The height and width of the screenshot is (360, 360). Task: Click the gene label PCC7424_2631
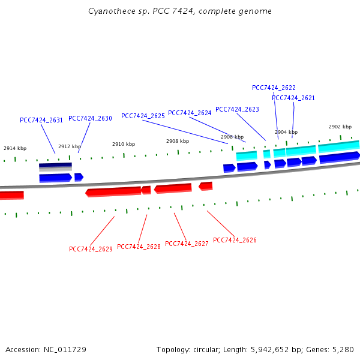coord(41,120)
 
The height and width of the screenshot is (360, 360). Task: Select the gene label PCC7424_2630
coord(90,118)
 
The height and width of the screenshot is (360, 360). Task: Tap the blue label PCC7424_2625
coord(143,116)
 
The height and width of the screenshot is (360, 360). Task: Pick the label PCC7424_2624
coord(190,113)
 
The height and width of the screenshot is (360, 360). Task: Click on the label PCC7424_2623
coord(237,109)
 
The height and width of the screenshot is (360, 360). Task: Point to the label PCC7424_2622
coord(274,88)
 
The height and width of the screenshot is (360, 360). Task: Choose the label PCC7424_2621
coord(293,98)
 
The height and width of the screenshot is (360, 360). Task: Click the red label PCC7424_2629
coord(91,249)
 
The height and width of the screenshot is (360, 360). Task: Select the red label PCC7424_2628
coord(139,247)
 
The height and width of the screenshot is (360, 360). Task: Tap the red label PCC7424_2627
coord(187,244)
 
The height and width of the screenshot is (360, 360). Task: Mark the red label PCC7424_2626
coord(235,240)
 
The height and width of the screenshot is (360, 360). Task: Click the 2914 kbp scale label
coord(15,148)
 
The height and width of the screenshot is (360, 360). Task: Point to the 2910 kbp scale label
coord(124,144)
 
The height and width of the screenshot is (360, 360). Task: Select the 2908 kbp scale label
coord(178,141)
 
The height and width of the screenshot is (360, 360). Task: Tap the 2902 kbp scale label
coord(340,127)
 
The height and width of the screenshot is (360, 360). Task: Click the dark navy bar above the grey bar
coord(55,165)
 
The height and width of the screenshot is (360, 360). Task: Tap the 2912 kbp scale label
coord(69,146)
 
